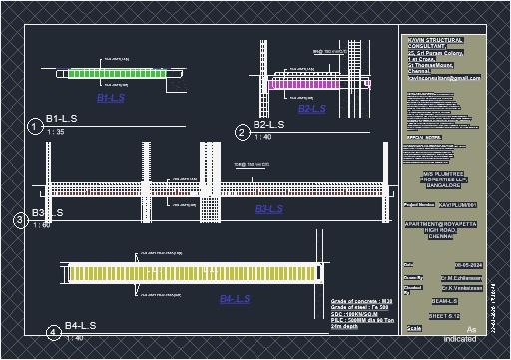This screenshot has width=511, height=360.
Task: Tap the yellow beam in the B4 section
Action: point(190,272)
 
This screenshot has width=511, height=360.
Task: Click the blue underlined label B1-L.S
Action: point(110,99)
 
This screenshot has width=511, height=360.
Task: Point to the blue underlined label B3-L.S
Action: point(269,209)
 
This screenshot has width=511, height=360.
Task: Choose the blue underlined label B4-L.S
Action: point(236,298)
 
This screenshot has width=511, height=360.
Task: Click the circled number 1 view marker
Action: point(34,126)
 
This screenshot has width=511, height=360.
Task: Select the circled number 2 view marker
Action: point(242,132)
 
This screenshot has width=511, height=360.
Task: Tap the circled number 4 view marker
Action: point(52,332)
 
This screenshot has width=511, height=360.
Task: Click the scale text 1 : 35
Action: point(55,132)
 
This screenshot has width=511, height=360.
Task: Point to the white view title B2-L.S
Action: point(269,125)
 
